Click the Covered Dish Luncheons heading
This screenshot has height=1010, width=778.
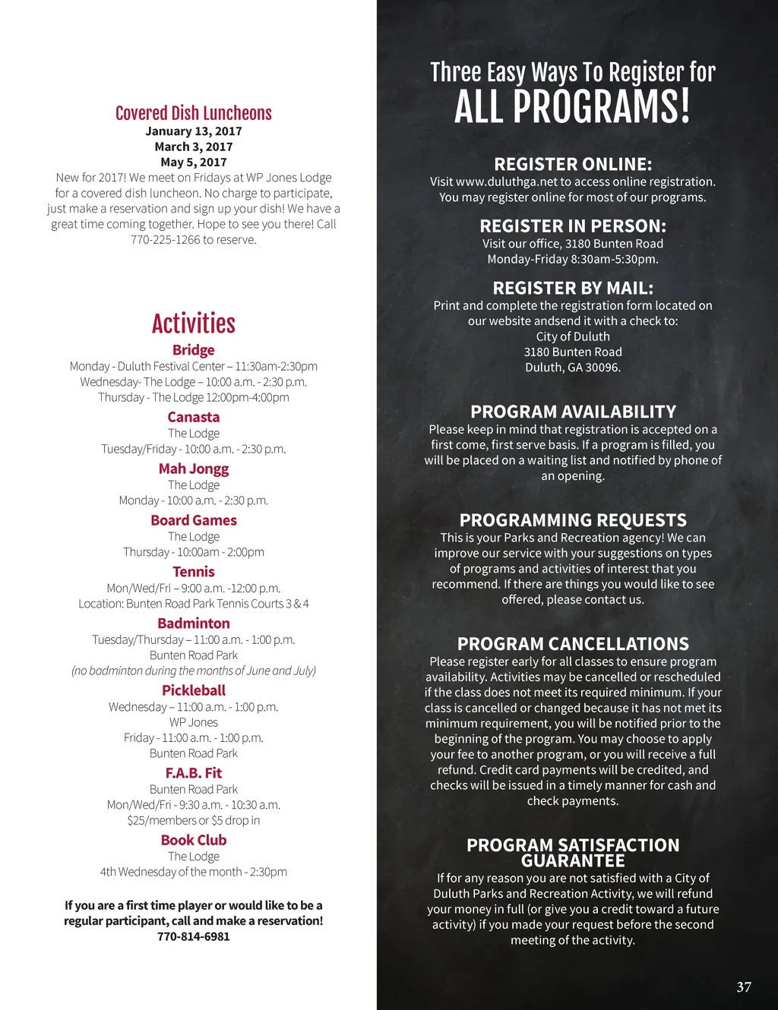point(193,113)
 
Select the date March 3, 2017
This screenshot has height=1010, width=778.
point(194,147)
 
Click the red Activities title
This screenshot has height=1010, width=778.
point(194,324)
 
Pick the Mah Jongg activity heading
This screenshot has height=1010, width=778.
point(194,469)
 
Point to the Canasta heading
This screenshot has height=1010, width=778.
point(194,417)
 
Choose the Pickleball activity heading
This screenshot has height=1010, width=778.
point(194,690)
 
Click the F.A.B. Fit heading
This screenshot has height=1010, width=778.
point(194,773)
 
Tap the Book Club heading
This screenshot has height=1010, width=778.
point(194,840)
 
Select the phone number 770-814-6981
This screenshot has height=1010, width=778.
point(194,936)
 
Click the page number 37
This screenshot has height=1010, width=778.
point(744,987)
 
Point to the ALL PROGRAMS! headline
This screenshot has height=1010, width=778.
point(573,106)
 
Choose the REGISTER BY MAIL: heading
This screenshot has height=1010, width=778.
point(573,288)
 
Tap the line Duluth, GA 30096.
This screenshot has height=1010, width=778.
point(573,368)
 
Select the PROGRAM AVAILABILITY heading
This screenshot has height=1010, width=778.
point(573,412)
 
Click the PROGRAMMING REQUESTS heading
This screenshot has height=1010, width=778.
point(573,520)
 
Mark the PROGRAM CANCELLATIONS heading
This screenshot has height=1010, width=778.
point(573,644)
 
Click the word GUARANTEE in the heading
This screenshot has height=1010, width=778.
point(573,861)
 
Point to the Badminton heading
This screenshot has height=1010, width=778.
point(194,623)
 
